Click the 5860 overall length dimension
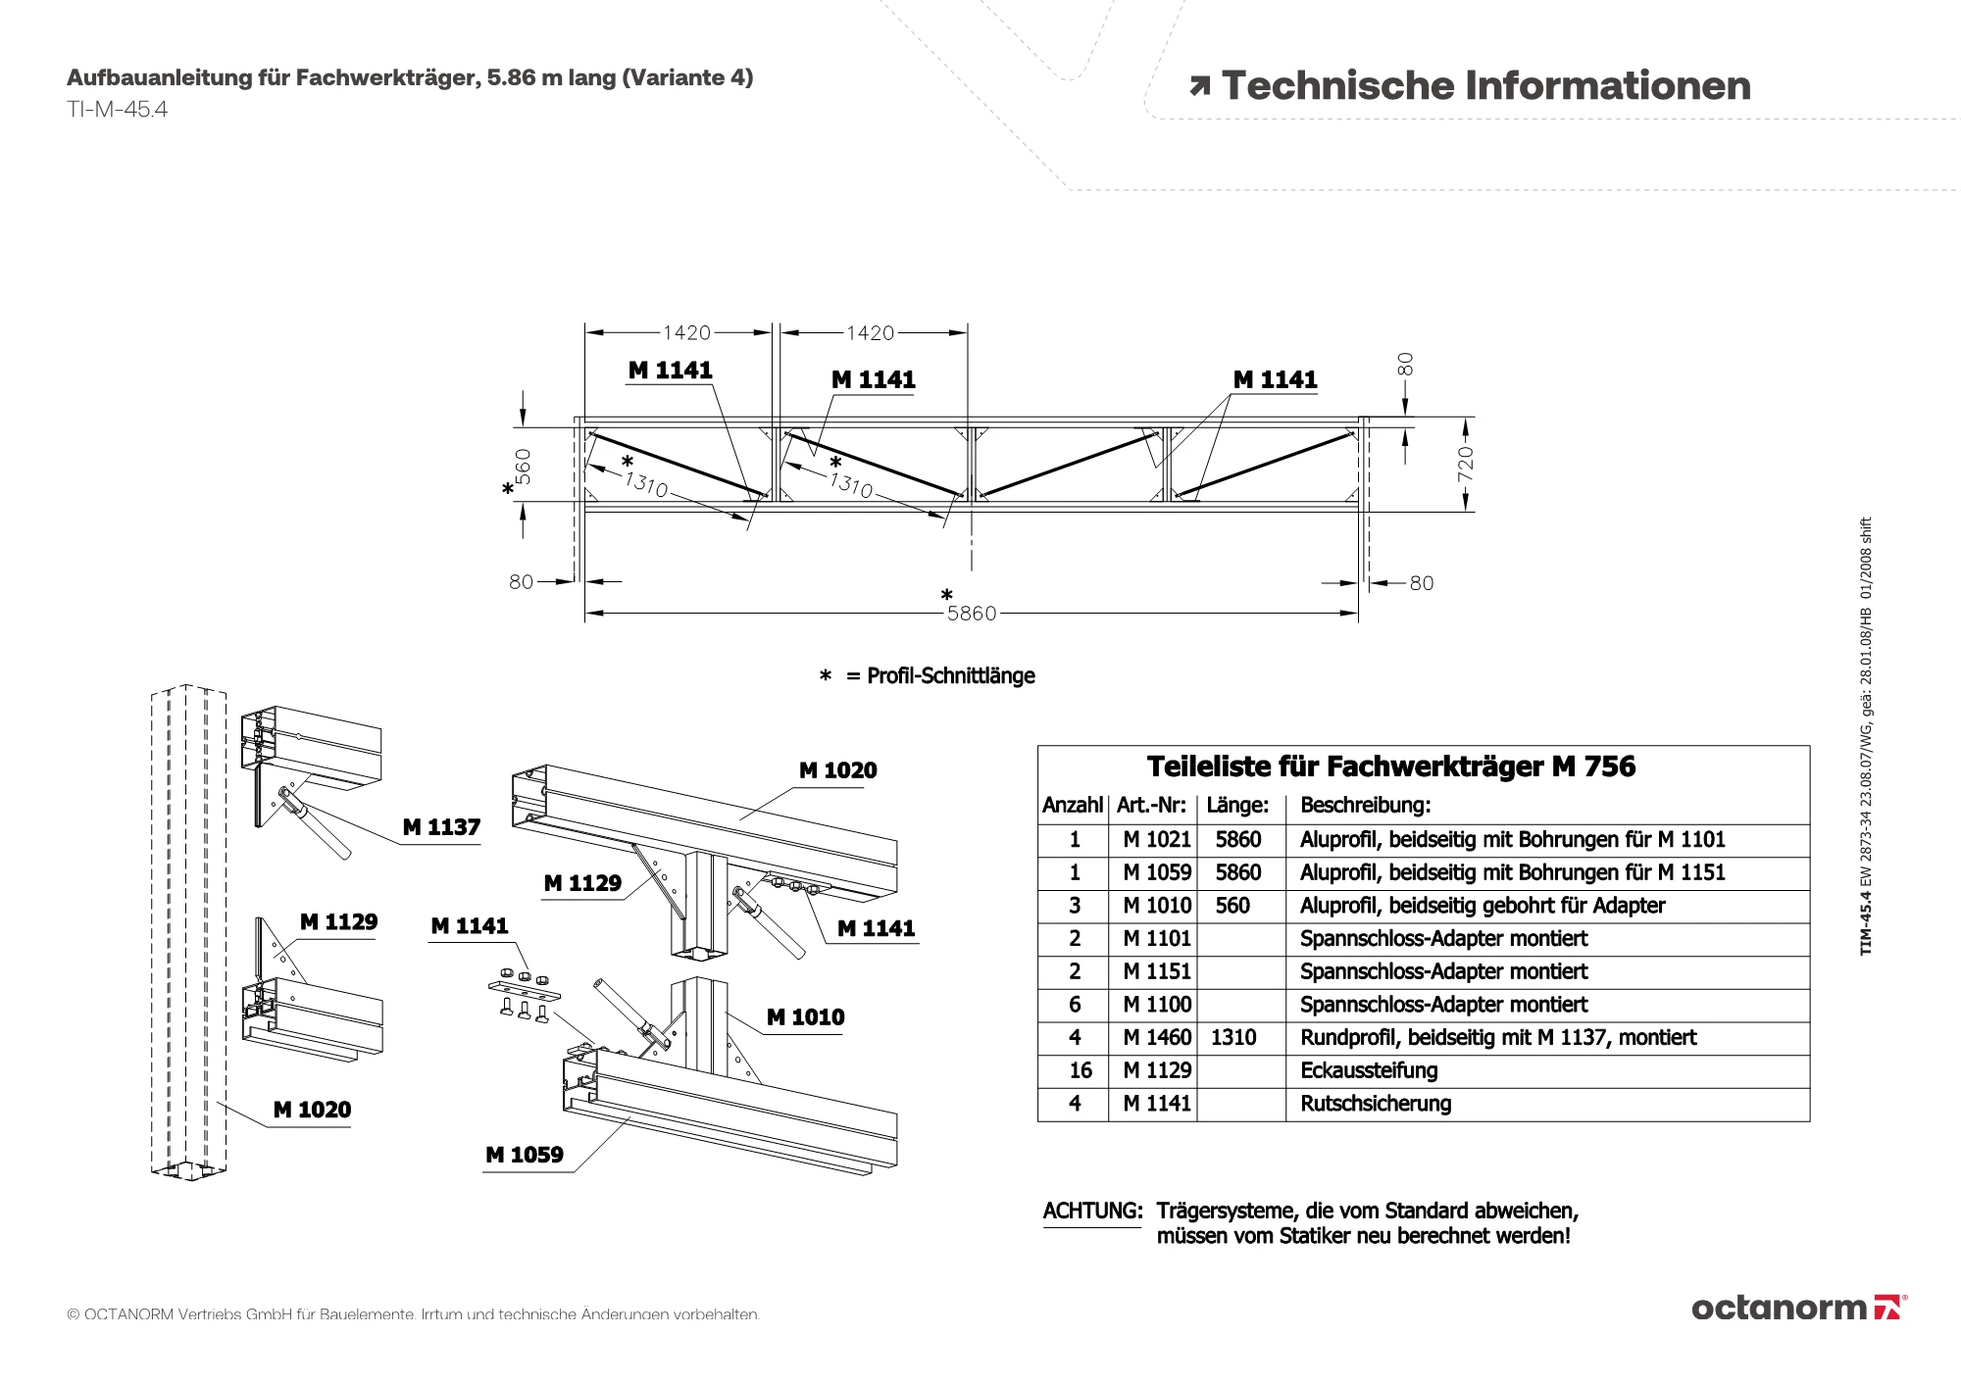click(x=971, y=614)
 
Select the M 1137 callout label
click(x=441, y=827)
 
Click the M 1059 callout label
click(x=525, y=1155)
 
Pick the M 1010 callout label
click(x=805, y=1017)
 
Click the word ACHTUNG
click(x=1092, y=1211)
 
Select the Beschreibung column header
click(x=1365, y=806)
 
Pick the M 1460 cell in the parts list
click(x=1157, y=1037)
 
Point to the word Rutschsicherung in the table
click(x=1376, y=1104)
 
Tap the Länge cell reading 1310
click(x=1233, y=1037)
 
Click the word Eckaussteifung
click(x=1369, y=1070)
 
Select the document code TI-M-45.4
click(x=117, y=110)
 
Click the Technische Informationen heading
click(x=1485, y=86)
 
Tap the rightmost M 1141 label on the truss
click(x=1275, y=379)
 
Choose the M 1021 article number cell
click(x=1157, y=840)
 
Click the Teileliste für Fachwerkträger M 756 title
click(x=1391, y=767)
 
